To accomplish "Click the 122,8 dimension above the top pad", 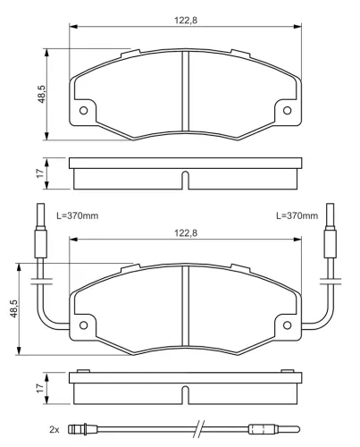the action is pos(186,21).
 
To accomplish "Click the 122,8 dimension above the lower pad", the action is pos(186,233).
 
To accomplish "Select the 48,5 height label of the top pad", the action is pos(41,94).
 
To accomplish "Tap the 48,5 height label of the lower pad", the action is pos(14,308).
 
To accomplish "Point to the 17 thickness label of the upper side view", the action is pos(40,173).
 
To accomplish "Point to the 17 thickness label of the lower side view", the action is pos(40,388).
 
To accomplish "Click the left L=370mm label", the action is pos(78,215).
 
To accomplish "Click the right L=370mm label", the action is pos(297,215).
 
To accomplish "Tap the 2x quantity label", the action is pos(54,429).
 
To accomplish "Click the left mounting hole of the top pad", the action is pos(84,111).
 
